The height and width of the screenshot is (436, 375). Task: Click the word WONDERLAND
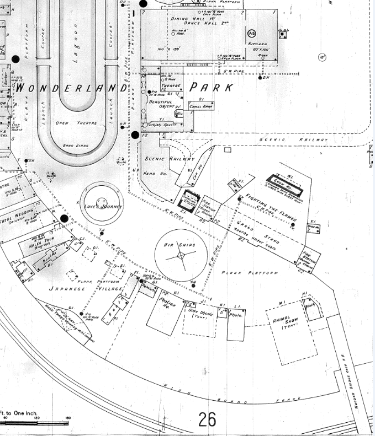pyautogui.click(x=71, y=88)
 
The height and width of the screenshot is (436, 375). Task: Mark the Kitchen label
pyautogui.click(x=258, y=44)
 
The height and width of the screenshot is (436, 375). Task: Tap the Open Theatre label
pyautogui.click(x=70, y=122)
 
